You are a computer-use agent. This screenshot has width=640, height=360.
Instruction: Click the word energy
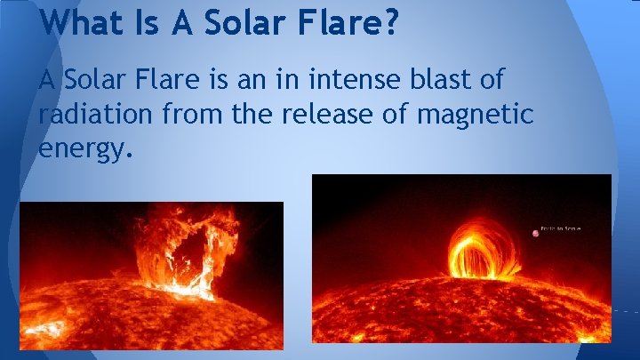pos(85,148)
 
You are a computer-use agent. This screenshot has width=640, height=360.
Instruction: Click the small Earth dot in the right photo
pos(536,234)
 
